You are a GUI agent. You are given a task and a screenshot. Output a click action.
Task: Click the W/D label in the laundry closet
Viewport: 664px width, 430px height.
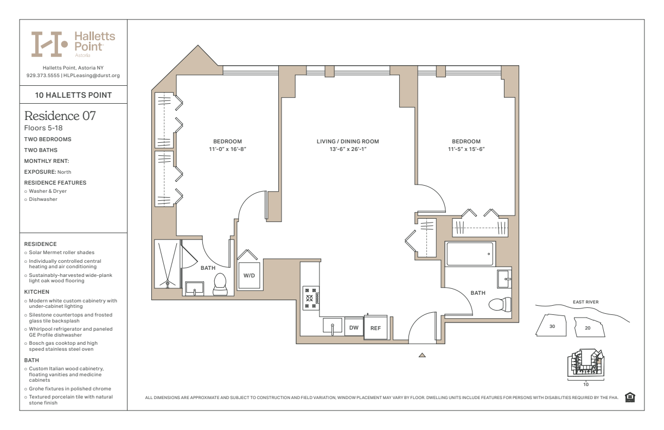pos(249,275)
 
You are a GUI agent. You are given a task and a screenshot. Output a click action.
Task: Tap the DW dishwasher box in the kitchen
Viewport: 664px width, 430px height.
pos(354,327)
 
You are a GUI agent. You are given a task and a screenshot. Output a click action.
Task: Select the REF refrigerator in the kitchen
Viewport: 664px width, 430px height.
pos(375,327)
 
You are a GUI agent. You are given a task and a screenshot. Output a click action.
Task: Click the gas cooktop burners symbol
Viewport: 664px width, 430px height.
pos(311,298)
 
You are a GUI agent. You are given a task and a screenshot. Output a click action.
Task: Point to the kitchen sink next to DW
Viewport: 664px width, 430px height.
pos(333,326)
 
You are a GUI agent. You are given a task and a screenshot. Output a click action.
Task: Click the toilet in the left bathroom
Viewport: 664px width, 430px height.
pos(220,284)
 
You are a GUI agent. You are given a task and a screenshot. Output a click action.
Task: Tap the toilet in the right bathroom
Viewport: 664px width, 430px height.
pos(500,305)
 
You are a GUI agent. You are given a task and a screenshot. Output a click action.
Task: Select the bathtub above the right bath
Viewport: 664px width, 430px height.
pos(470,254)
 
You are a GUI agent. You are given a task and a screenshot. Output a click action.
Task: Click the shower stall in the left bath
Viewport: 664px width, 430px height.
pos(167,264)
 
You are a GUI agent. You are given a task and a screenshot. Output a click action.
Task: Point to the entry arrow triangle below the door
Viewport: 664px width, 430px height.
pos(422,355)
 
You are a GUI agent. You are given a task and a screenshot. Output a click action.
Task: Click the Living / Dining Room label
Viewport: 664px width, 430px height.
pos(348,142)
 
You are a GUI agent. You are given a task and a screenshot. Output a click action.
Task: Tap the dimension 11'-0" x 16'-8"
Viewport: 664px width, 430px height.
pos(228,149)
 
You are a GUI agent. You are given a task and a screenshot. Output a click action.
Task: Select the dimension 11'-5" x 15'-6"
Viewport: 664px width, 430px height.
pos(467,149)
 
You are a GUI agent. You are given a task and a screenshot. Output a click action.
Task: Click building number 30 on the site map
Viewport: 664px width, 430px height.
pos(552,326)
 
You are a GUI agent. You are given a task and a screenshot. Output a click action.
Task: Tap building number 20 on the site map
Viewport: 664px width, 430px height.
pos(588,328)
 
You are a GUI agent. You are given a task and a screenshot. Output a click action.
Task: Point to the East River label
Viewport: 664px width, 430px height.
pos(586,302)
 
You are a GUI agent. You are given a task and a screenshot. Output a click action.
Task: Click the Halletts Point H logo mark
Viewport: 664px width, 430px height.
pos(49,44)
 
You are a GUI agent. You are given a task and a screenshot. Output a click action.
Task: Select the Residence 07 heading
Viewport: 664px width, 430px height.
pos(60,116)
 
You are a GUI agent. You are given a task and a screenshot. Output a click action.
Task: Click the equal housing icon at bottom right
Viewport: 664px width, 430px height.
pos(630,397)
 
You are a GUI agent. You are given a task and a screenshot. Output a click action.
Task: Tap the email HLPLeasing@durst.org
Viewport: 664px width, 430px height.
pos(92,75)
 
